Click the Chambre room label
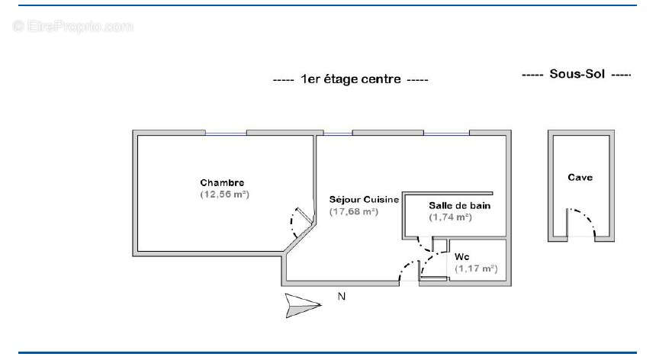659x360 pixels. coord(222,183)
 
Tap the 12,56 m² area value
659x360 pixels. coord(225,194)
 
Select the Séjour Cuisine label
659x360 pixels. coord(364,200)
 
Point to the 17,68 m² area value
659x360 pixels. coord(354,212)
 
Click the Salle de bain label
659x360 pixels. coord(460,205)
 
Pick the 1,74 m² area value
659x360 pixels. coord(451,217)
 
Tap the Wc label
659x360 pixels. coord(462,257)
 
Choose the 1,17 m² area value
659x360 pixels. coord(476,268)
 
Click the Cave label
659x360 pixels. coord(580,177)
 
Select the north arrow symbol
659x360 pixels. coord(303,305)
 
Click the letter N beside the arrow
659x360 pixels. coord(342,297)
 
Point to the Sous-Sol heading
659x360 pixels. coord(577,74)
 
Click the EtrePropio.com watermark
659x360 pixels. coord(73,27)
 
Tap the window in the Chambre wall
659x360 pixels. coord(226,133)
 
